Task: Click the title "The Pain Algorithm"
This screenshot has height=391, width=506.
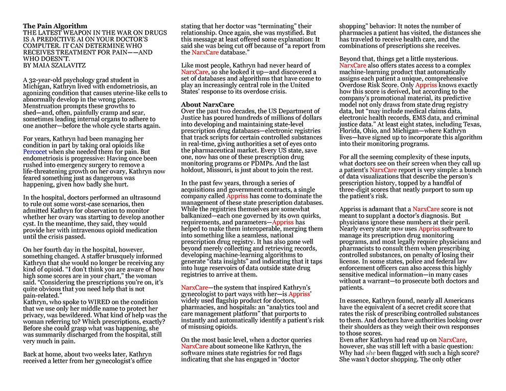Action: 55,26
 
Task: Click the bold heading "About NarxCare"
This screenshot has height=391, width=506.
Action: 204,105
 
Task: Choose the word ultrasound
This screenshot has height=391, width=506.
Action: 143,197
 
